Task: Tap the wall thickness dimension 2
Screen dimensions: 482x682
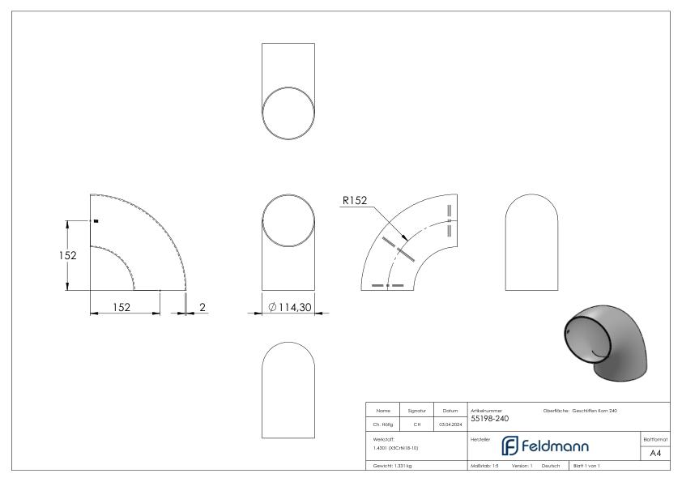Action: [202, 307]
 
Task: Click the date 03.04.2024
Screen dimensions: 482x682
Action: [450, 423]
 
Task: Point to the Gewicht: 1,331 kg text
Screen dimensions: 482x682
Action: [393, 467]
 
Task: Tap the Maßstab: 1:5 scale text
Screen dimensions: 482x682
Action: [484, 467]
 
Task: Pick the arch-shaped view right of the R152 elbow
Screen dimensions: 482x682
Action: [530, 242]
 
